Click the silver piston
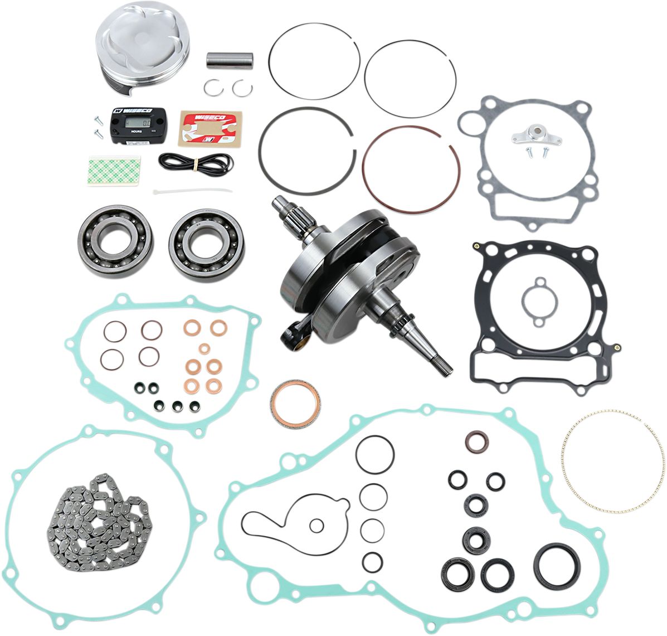142,47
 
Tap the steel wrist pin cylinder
230,60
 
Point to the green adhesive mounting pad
114,171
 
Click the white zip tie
192,191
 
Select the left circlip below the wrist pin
210,88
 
